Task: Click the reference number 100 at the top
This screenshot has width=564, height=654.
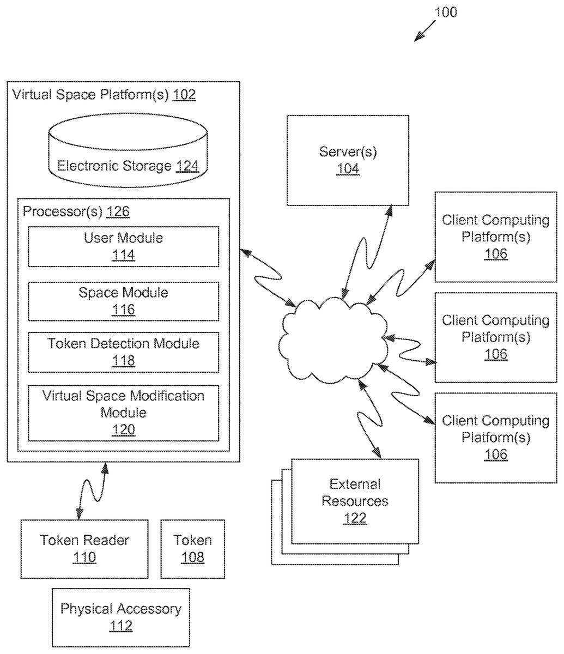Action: coord(446,12)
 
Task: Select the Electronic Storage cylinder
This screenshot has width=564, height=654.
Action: coord(128,150)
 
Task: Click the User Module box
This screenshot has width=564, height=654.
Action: coord(123,246)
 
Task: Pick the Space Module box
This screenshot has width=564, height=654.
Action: coord(123,301)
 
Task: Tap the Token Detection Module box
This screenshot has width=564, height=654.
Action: coord(123,352)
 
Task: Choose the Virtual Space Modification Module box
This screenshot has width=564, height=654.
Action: coord(123,413)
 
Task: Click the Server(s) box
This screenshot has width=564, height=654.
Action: coord(348,160)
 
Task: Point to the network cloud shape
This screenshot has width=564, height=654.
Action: coord(332,338)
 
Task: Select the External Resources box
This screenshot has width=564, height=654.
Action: coord(355,501)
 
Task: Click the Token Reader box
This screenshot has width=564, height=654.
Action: coord(84,549)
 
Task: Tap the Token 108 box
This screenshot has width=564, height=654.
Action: coord(192,549)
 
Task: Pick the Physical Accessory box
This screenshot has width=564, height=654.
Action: coord(121,617)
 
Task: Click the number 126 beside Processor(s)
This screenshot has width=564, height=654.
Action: coord(118,212)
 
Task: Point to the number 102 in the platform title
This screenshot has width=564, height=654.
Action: coord(184,95)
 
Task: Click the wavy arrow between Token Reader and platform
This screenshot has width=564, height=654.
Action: coord(92,491)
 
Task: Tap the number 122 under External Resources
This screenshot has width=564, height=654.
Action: coord(355,518)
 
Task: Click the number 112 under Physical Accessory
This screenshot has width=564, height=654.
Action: coord(121,626)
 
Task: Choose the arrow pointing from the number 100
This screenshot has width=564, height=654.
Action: coord(424,31)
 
